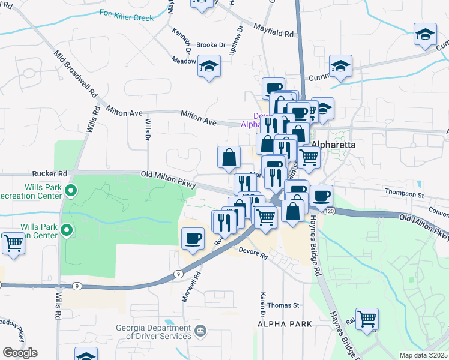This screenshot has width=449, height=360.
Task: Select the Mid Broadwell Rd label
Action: coord(74,74)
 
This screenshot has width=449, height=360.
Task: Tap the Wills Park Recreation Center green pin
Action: coord(71,192)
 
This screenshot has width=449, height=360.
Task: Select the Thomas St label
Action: coord(283,305)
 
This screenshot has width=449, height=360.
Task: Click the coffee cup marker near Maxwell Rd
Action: coord(193,239)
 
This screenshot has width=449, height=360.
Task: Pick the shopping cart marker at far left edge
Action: coord(13,244)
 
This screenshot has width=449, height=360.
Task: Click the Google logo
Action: coord(20,353)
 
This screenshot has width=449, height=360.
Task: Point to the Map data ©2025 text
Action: coord(424,355)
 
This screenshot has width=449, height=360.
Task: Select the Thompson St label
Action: coord(405,195)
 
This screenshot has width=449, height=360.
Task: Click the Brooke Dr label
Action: coord(211,45)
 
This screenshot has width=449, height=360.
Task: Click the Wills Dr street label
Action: coord(148,128)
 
